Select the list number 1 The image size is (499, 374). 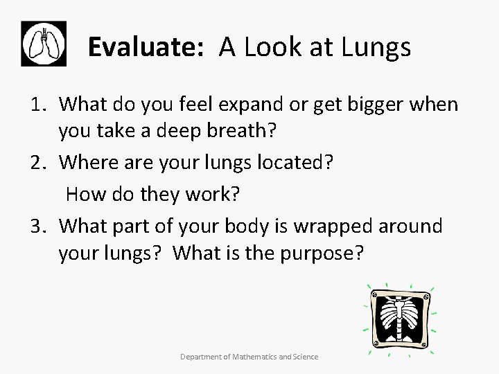click(x=39, y=105)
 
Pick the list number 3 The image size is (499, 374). click(x=39, y=225)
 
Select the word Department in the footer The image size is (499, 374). click(x=200, y=357)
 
